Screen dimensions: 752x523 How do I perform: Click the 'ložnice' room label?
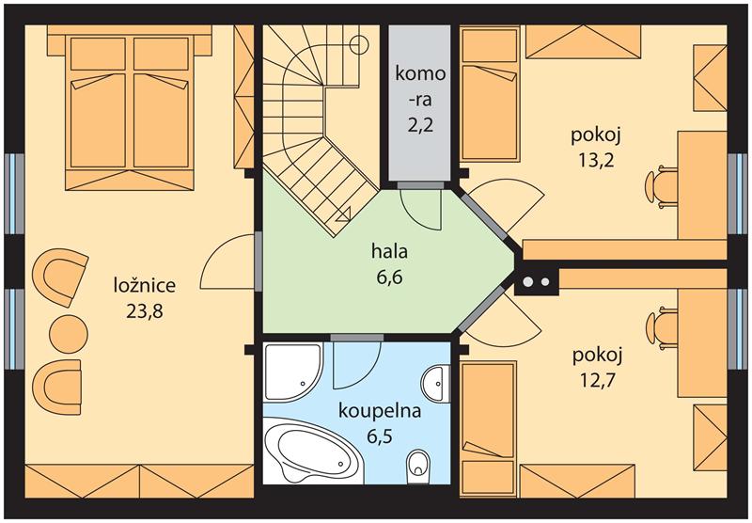tap(145, 286)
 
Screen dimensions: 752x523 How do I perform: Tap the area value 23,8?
tap(145, 312)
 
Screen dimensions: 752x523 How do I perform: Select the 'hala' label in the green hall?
tap(389, 251)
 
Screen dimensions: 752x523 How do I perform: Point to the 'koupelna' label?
tap(380, 411)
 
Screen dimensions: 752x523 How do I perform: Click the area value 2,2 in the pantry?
tap(420, 125)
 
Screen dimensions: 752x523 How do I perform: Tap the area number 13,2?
tap(596, 161)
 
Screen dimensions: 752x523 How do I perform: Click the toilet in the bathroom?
tap(418, 468)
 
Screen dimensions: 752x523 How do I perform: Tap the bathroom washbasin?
tap(436, 383)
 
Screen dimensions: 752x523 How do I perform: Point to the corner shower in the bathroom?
tap(292, 372)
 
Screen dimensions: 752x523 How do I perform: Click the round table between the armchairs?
tap(69, 334)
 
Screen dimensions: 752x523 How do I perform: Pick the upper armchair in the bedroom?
tap(60, 277)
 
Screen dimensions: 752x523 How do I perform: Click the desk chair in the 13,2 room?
tap(660, 186)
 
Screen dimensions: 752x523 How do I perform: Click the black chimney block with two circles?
tap(537, 281)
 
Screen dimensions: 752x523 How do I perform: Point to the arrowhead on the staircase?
tap(344, 214)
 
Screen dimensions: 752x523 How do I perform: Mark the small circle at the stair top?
tap(358, 44)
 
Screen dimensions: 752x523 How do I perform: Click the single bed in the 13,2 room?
tap(489, 113)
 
